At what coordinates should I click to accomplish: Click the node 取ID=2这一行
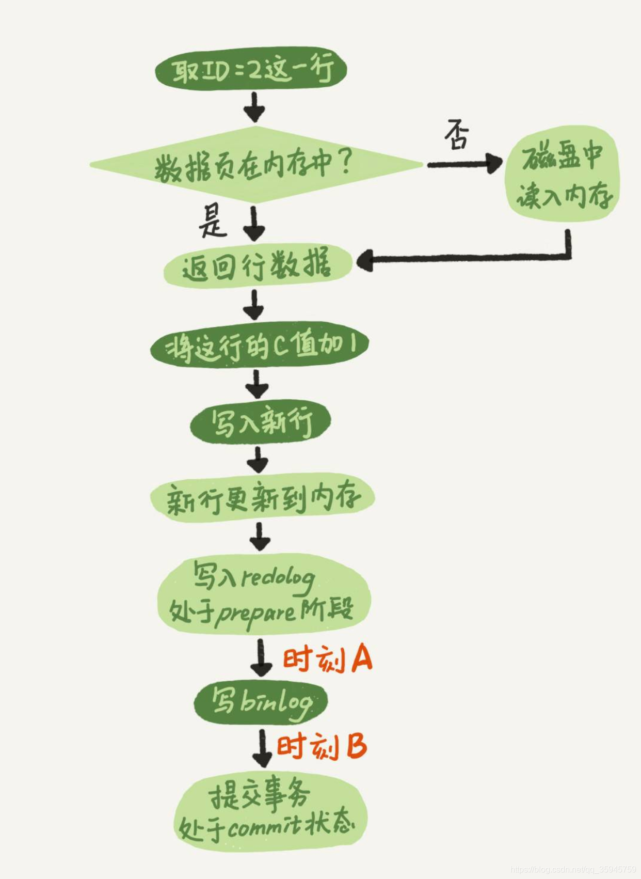[251, 69]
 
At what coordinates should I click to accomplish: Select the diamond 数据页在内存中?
[256, 165]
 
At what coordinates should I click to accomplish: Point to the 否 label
[457, 135]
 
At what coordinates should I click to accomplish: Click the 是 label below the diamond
[212, 221]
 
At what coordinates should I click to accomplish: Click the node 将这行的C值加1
[260, 346]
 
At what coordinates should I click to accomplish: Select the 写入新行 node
[260, 422]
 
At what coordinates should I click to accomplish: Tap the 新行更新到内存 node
[262, 498]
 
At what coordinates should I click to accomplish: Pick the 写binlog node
[261, 702]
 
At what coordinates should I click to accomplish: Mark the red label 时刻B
[322, 747]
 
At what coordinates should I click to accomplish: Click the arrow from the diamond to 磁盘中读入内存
[464, 164]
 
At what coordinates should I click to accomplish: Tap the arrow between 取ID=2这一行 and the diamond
[254, 107]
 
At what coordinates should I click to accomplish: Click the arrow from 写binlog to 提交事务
[262, 748]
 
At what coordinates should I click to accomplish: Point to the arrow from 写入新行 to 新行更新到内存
[258, 459]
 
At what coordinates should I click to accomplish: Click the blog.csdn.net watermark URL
[573, 870]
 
